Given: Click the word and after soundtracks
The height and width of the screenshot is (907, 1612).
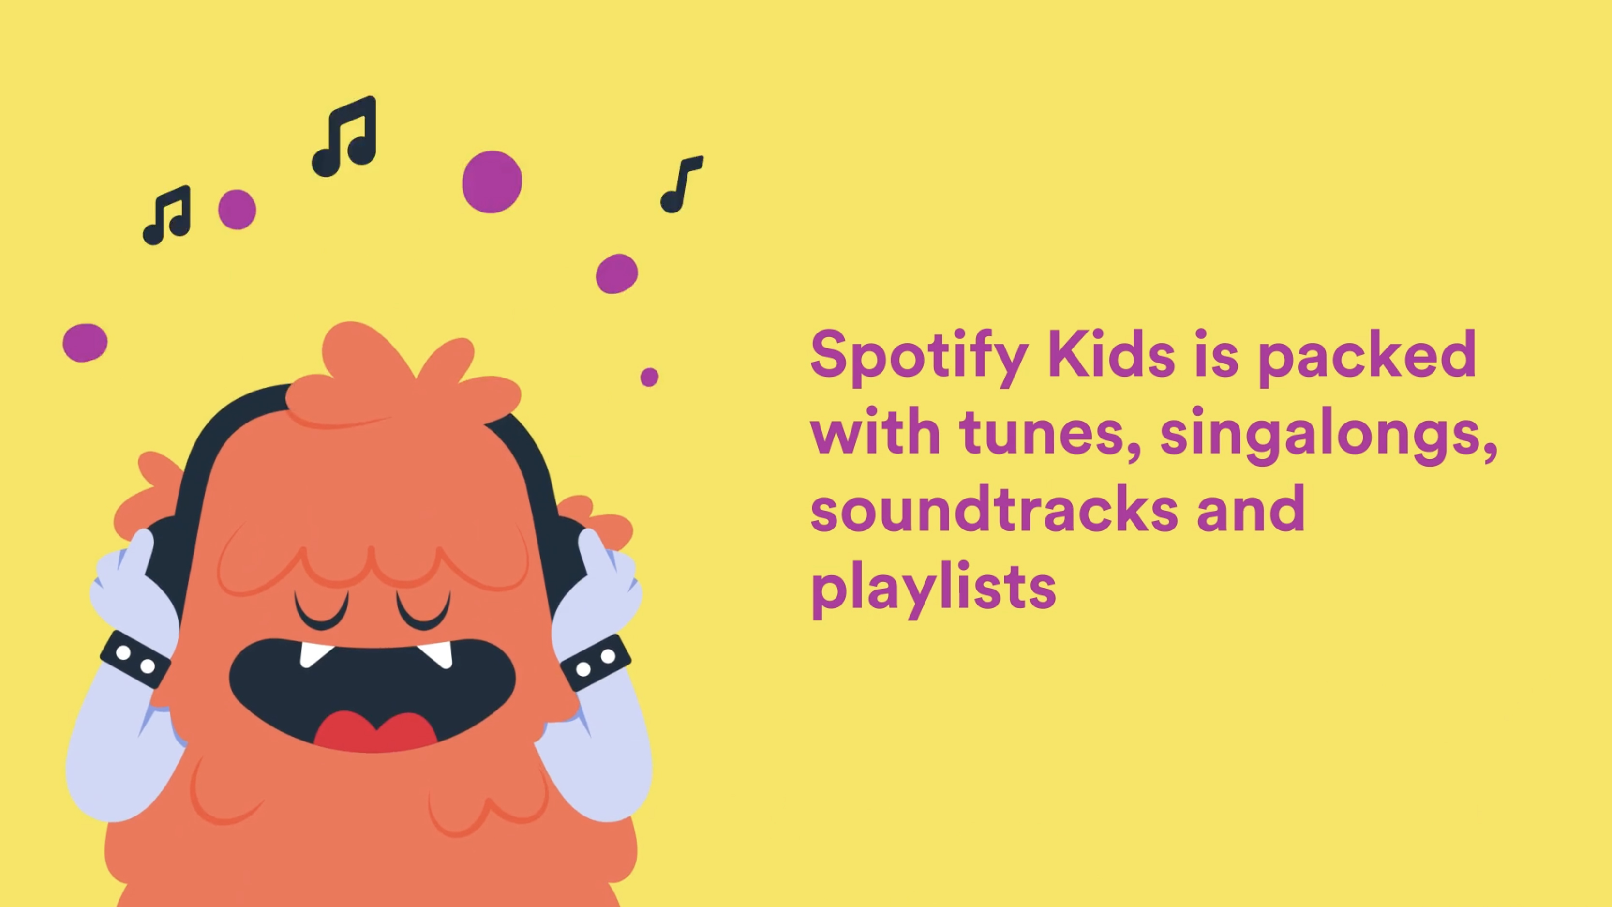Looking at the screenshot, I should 1250,510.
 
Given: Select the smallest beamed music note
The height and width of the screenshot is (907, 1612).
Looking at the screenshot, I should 167,215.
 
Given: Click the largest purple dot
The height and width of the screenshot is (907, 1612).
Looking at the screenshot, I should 492,181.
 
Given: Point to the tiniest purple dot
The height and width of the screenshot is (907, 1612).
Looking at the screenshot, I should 650,377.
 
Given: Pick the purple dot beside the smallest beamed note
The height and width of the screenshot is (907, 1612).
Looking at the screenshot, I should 237,210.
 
